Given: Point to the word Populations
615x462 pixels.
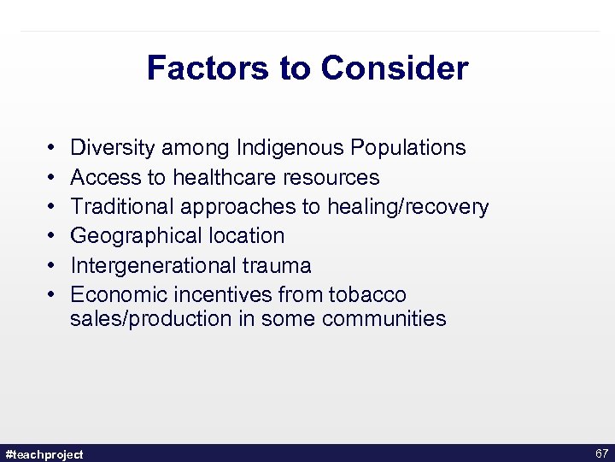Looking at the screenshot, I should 407,148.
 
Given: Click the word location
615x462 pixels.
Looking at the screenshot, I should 244,235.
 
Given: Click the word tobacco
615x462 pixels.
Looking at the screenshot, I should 367,294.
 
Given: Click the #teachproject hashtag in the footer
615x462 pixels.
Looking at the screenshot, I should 44,453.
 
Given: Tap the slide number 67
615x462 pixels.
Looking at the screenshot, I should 600,453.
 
